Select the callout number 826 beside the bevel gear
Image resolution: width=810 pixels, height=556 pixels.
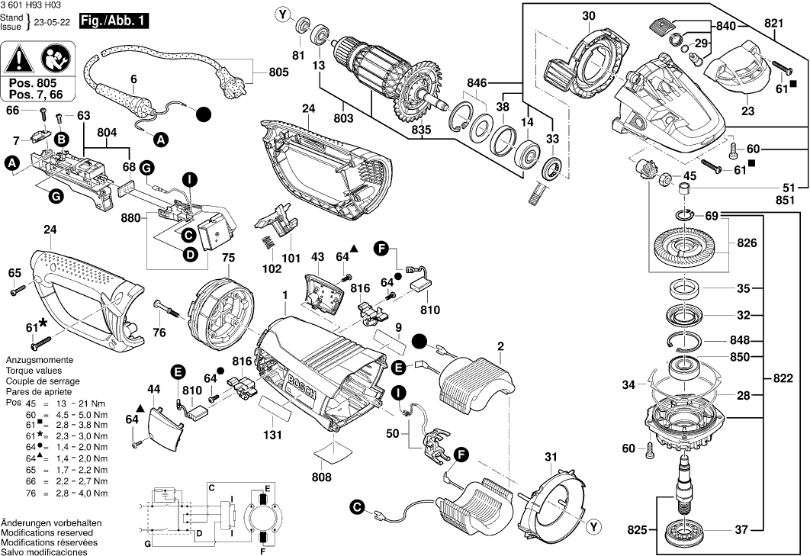tap(747, 244)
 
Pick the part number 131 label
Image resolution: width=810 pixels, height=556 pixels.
tap(273, 435)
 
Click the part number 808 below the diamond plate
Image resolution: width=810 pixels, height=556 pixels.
tap(322, 477)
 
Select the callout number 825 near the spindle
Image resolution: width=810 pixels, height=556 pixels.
tap(637, 529)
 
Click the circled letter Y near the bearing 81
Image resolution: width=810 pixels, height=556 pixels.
tap(284, 14)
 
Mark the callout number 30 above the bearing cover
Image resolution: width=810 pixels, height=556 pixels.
tap(609, 15)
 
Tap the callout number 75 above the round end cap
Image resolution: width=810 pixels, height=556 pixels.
tap(227, 258)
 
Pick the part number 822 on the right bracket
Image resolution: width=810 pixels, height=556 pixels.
tap(783, 378)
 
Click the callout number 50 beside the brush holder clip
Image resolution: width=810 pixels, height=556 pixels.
tap(393, 433)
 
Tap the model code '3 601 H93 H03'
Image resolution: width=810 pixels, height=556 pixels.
tap(32, 5)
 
